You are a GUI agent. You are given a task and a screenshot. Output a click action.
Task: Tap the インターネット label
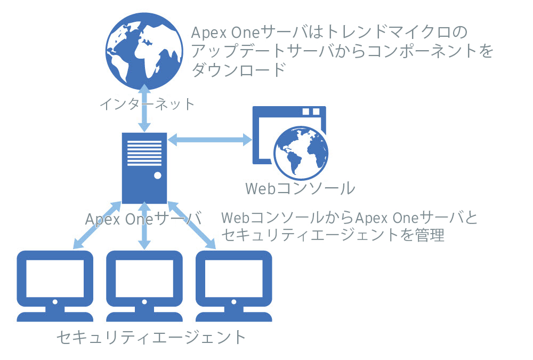148,103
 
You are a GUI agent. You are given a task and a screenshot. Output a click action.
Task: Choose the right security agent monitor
233,285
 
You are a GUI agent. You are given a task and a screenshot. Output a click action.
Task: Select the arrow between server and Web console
210,140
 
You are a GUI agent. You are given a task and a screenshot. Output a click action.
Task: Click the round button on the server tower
157,175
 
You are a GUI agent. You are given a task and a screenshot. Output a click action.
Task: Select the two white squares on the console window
311,111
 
